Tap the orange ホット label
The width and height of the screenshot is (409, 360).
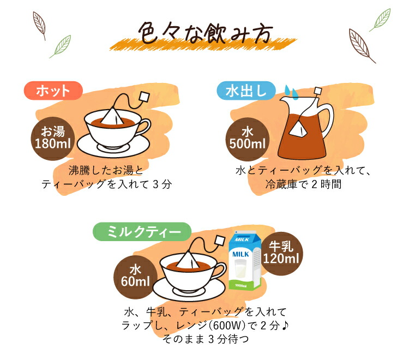pos(53,91)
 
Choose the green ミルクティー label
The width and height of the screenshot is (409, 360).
pos(141,232)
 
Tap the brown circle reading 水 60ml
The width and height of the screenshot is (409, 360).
pos(135,277)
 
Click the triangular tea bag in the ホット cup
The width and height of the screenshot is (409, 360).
pos(112,116)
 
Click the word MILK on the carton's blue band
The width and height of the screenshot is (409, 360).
pos(242,254)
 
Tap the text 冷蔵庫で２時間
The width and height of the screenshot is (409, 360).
pos(303,184)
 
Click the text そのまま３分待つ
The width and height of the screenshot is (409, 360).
pos(204,339)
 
